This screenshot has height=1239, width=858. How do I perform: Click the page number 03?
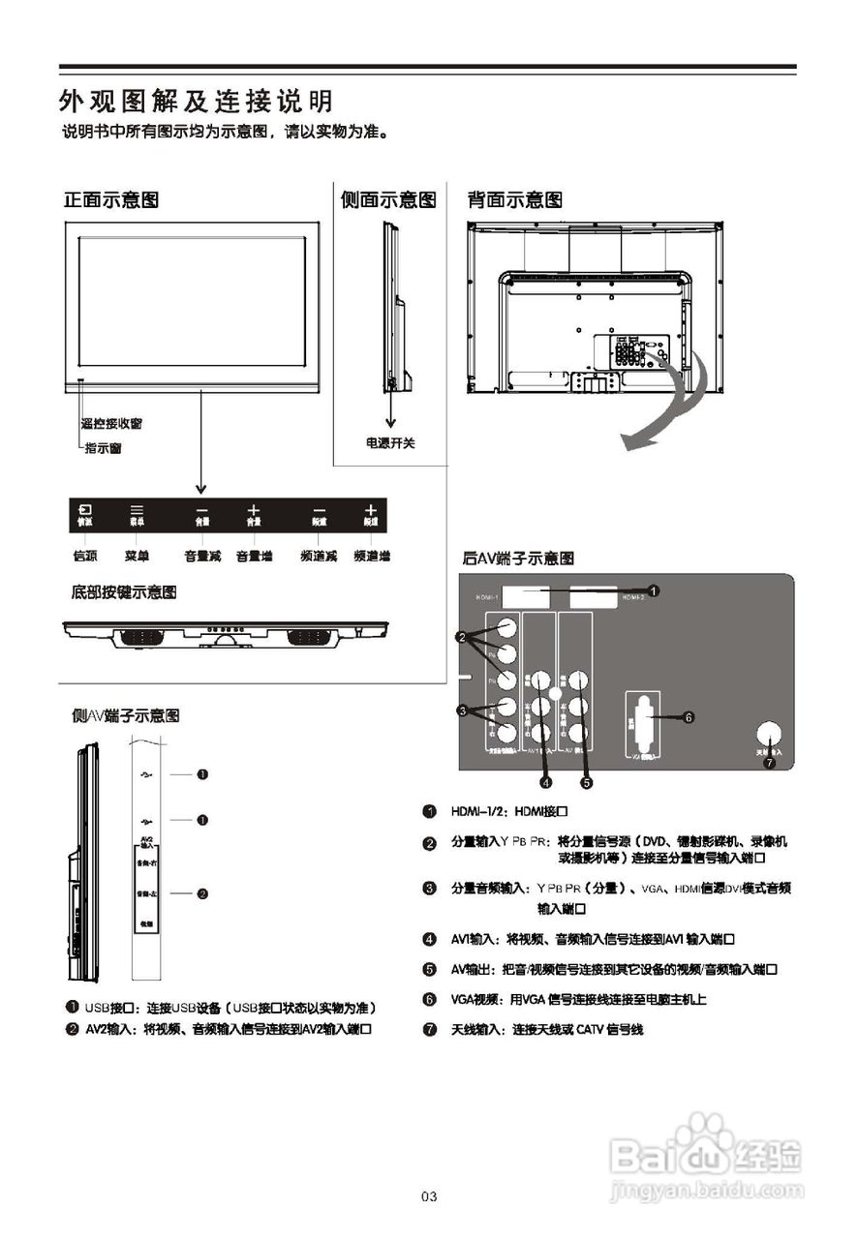point(429,1197)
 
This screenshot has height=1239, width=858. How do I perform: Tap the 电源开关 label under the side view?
point(390,442)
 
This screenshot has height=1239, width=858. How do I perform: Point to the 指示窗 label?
point(104,448)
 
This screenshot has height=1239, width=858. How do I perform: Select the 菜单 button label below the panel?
point(137,557)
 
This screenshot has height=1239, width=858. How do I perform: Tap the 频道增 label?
point(372,557)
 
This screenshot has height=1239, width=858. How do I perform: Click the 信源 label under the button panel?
point(84,557)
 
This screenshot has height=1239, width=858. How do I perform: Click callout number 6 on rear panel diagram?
point(689,717)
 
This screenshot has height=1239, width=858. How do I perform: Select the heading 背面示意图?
point(514,200)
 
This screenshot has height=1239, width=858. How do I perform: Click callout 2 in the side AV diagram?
point(202,893)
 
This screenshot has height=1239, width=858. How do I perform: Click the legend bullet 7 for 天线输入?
point(429,1029)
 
